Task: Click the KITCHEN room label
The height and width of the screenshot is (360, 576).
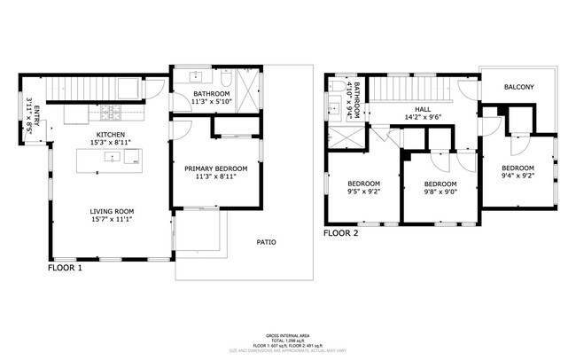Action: pos(112,134)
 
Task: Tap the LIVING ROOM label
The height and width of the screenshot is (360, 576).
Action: pos(112,211)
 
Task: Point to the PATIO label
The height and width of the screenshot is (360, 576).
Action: pos(266,241)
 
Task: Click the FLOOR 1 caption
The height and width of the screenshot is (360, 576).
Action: pos(65,266)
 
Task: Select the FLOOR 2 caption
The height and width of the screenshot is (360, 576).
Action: pos(340,234)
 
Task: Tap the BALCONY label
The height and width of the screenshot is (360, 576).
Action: pos(518,87)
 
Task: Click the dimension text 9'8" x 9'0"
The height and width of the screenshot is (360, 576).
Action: pos(440,192)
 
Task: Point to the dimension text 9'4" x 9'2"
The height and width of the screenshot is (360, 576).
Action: pos(518,176)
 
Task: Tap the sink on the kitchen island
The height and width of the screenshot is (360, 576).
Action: pos(113,157)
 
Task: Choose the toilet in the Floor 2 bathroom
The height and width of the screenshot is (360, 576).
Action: pos(336,87)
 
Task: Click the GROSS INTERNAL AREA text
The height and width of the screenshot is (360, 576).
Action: pos(287,335)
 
